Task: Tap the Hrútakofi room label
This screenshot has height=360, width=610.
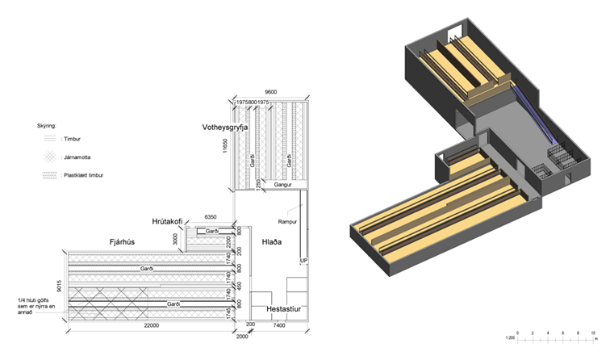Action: (171, 221)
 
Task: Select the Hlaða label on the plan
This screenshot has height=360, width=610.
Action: (270, 241)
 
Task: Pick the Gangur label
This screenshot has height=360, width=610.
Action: (282, 185)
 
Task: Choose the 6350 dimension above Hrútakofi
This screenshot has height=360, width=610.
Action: (211, 218)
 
